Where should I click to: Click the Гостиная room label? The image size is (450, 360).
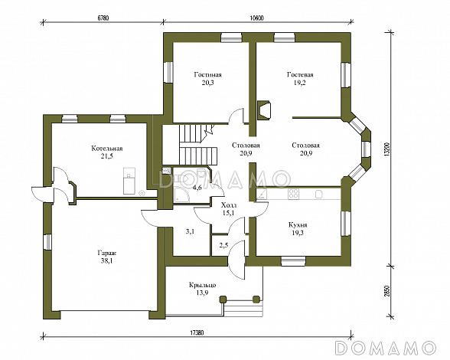(207, 75)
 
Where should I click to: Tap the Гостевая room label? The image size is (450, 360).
(300, 75)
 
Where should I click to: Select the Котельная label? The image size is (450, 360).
(107, 149)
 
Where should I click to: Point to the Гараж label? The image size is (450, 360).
(107, 254)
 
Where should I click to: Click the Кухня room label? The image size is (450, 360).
(298, 225)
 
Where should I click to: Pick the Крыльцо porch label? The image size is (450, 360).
(202, 285)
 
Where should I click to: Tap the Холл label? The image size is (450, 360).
(229, 205)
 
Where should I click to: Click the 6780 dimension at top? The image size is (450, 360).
(103, 18)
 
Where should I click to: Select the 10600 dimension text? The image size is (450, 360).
(257, 18)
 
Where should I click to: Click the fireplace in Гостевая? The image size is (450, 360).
(264, 110)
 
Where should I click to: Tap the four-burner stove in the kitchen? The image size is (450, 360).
(294, 194)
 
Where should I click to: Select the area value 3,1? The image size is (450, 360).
(190, 231)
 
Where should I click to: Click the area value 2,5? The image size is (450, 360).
(223, 245)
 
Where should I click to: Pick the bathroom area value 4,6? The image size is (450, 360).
(197, 188)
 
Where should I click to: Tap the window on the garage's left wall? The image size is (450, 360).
(47, 241)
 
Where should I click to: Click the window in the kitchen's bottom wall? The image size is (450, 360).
(293, 261)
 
